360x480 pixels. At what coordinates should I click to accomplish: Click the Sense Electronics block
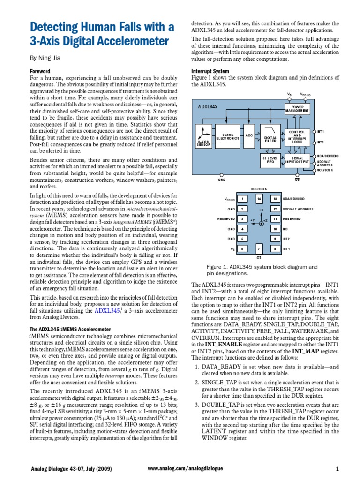pyautogui.click(x=228, y=137)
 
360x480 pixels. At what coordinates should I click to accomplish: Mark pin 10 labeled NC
pyautogui.click(x=276, y=229)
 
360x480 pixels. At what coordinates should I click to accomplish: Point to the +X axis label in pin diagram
pyautogui.click(x=262, y=210)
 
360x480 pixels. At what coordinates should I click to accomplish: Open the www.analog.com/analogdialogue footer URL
pyautogui.click(x=185, y=469)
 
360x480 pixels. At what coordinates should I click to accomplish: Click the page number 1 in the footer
pyautogui.click(x=337, y=469)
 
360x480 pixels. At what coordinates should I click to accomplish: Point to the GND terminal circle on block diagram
pyautogui.click(x=222, y=173)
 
